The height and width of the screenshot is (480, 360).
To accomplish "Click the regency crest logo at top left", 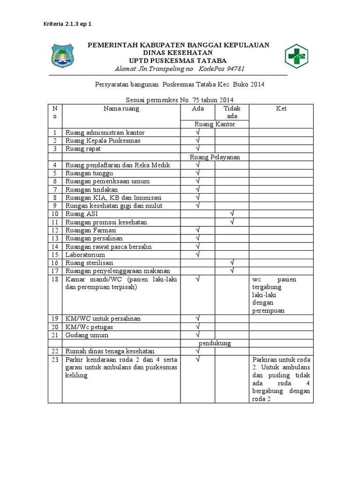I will tap(63, 57).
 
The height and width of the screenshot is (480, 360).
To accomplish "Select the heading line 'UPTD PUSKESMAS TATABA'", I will tap(178, 61).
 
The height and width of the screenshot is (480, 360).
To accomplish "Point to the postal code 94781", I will tap(233, 69).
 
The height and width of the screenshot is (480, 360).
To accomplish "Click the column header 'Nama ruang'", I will tap(121, 109).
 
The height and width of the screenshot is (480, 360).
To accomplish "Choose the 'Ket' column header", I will tap(281, 109).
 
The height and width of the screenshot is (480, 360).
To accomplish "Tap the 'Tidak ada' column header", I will tap(232, 112).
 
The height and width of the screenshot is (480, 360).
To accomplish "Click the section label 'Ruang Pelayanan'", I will tap(215, 157).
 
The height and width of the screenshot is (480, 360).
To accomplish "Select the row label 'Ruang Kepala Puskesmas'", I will tap(103, 141).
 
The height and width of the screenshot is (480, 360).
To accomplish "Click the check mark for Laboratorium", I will tap(198, 255).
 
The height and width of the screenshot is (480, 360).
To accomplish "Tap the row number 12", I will tap(55, 230).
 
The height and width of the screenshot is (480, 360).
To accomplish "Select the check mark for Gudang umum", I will tap(198, 335).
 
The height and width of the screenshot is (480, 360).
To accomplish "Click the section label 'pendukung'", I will tap(215, 343).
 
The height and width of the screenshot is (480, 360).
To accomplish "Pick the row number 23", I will tap(55, 360).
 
